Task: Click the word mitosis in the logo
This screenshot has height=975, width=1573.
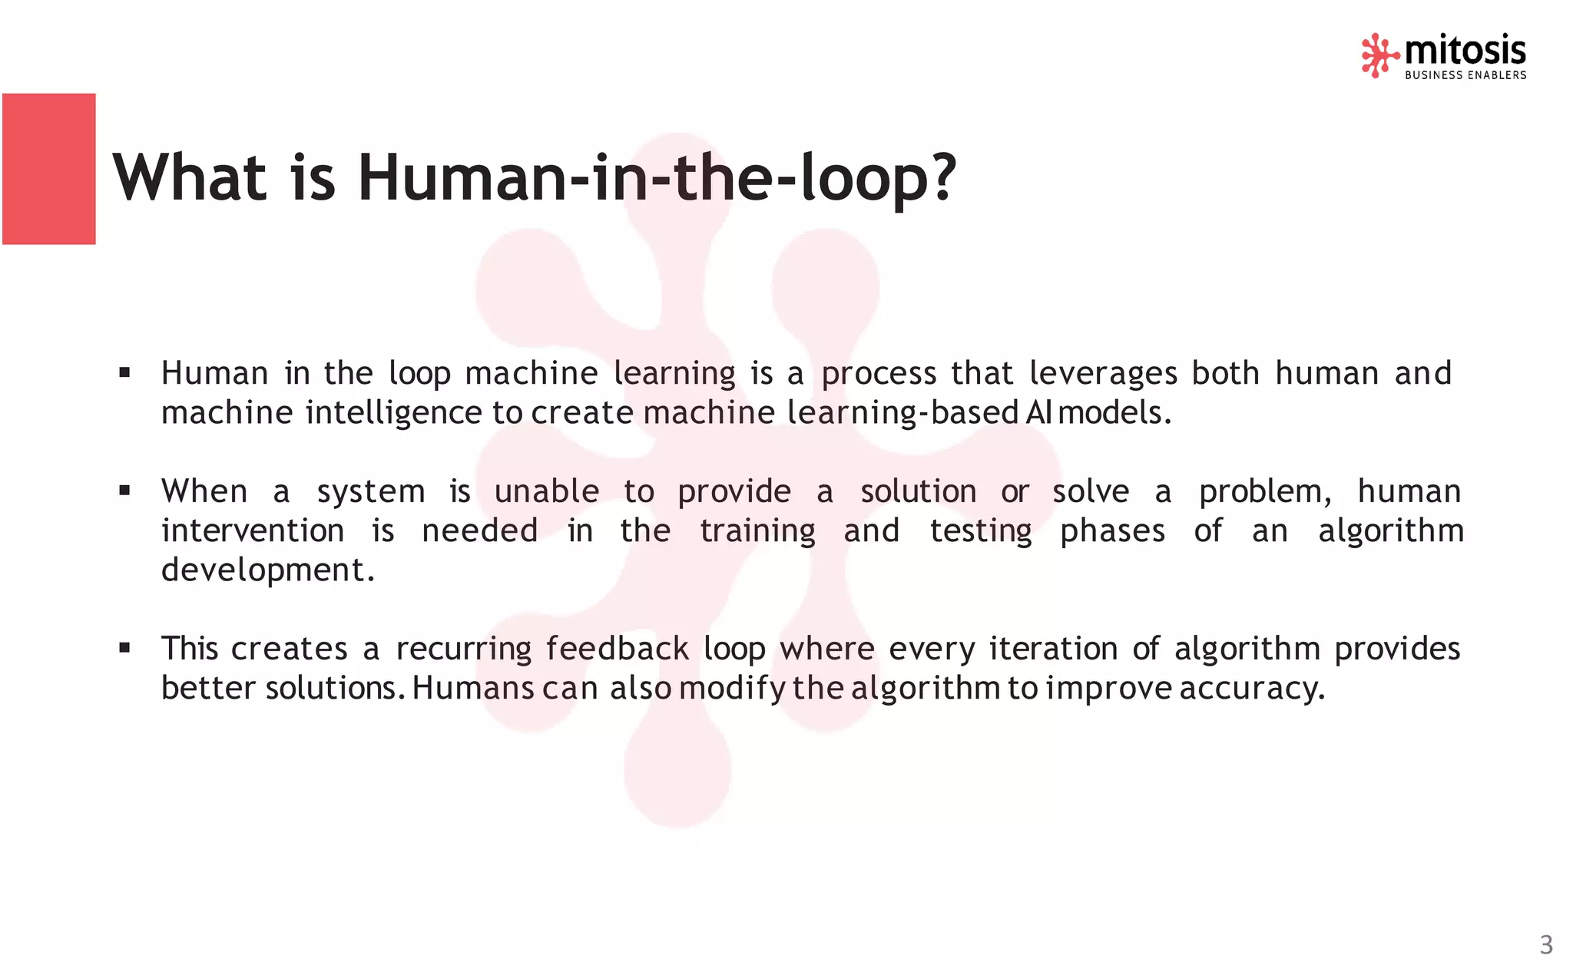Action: (x=1465, y=51)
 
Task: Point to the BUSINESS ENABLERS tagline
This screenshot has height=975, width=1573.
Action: (x=1465, y=75)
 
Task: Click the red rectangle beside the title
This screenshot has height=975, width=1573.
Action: (x=49, y=169)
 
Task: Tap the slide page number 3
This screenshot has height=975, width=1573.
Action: (x=1546, y=944)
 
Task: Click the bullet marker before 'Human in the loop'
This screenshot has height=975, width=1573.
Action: (x=124, y=373)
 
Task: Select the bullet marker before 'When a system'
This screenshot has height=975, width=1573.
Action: (x=124, y=491)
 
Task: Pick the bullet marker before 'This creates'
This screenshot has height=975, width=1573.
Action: (x=124, y=648)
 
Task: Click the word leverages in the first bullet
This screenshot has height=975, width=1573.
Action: (x=1102, y=374)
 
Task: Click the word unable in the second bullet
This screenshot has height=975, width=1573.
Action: (x=546, y=491)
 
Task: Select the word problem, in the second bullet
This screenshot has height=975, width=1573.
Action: (x=1265, y=492)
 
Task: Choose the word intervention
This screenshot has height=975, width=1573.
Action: (x=253, y=530)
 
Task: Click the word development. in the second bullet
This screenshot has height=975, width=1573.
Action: (x=268, y=570)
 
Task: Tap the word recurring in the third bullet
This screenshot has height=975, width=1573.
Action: (x=463, y=649)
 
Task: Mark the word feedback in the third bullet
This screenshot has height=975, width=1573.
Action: (x=617, y=649)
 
